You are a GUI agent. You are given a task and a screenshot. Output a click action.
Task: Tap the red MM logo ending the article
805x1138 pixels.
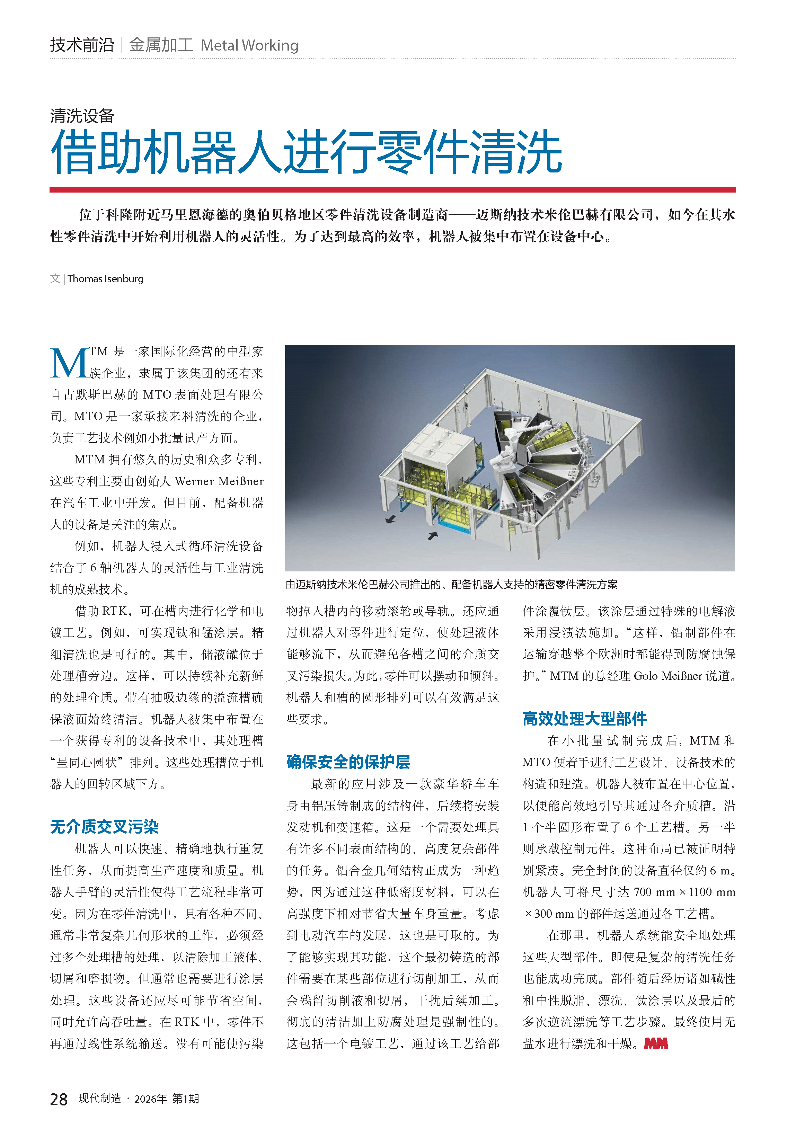coord(656,1044)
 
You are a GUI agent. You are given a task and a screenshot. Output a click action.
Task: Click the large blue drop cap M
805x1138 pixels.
coord(69,364)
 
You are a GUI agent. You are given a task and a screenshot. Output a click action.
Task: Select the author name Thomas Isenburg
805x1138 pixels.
coord(106,278)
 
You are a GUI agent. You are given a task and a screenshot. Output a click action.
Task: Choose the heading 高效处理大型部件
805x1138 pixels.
coord(584,719)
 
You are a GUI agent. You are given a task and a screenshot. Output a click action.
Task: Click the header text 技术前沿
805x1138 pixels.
coord(82,45)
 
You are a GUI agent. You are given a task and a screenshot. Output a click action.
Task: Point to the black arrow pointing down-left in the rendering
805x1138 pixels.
coord(391,519)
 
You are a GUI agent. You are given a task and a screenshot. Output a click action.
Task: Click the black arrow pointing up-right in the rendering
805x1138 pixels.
coord(433,536)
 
